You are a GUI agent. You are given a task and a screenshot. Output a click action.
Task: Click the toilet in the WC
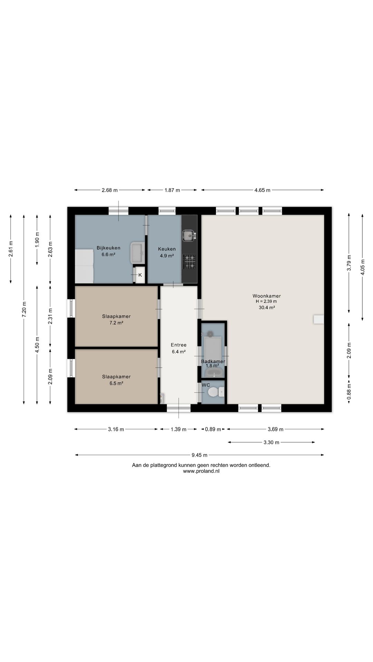click(x=216, y=392)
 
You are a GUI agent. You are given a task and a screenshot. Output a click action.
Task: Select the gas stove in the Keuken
click(x=189, y=261)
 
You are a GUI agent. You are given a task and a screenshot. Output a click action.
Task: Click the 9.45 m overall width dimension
click(x=200, y=455)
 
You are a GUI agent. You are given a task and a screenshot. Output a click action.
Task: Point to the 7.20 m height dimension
click(x=24, y=309)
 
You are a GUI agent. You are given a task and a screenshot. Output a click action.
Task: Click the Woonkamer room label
click(x=267, y=296)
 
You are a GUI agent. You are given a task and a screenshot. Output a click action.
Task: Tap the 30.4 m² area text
click(x=267, y=308)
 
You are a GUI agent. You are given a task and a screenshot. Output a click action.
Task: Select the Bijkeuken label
click(x=108, y=248)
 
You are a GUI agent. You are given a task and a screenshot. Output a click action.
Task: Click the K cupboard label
click(x=140, y=275)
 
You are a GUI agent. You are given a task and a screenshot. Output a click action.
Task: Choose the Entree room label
click(x=179, y=345)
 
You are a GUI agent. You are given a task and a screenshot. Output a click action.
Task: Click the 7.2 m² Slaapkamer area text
click(x=116, y=323)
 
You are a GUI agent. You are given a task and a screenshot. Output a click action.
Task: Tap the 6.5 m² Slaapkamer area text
click(x=116, y=383)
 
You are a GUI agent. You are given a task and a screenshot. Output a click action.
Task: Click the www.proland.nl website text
click(x=201, y=471)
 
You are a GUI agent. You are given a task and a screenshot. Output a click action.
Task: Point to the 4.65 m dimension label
click(x=262, y=190)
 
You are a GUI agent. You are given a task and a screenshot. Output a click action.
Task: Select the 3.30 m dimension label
click(x=271, y=442)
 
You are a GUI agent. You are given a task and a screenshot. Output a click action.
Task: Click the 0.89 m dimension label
click(x=213, y=429)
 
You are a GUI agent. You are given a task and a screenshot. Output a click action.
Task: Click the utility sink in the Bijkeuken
click(x=137, y=253)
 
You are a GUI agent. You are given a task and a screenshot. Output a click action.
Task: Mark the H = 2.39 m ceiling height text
click(x=266, y=301)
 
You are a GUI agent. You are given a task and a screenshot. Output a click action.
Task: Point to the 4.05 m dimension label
click(x=362, y=267)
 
